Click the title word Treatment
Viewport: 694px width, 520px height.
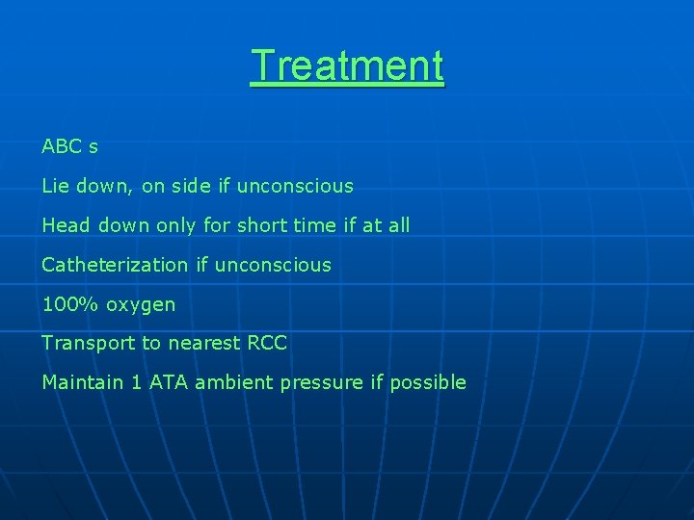(x=347, y=66)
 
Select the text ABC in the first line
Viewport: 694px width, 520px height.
(x=61, y=146)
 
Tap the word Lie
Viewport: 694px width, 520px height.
(x=55, y=186)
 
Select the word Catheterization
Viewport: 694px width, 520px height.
(x=115, y=265)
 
